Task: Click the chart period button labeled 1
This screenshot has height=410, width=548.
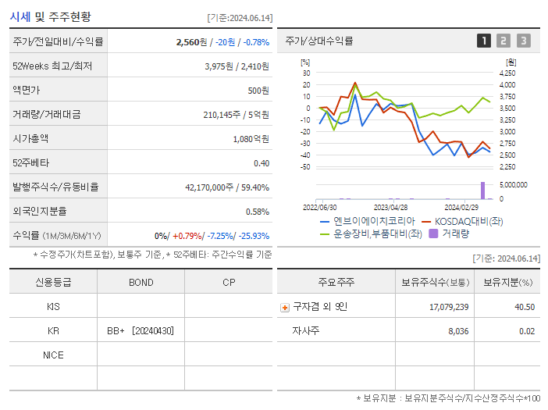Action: coord(484,41)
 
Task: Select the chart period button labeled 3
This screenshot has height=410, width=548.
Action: coord(523,41)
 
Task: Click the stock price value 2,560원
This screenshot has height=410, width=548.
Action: coord(195,41)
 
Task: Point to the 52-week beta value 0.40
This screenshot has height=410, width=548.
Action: coord(262,162)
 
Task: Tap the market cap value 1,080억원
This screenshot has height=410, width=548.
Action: coord(251,138)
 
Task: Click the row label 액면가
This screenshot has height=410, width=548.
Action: coord(27,90)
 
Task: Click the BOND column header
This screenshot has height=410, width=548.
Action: coord(141,282)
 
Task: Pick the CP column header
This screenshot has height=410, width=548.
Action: coord(229,282)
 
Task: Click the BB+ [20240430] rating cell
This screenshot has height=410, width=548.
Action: coord(141,330)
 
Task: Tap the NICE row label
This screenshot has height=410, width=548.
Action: coord(53,355)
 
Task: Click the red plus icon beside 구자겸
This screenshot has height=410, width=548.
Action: coord(284,307)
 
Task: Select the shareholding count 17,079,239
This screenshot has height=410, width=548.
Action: coord(449,307)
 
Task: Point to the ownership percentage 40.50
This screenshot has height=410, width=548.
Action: coord(525,307)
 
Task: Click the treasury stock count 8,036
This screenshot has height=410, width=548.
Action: coord(458,331)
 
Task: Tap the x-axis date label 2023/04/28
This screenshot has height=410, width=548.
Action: coord(391,208)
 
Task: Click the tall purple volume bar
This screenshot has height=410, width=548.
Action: coord(482,190)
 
